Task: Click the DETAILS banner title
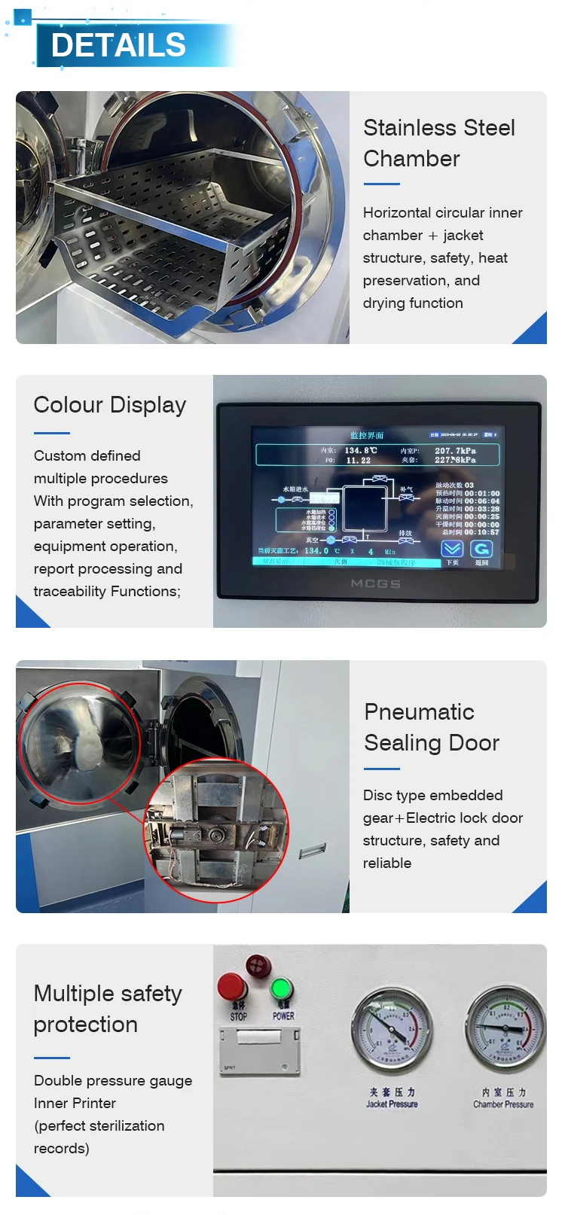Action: pos(118,45)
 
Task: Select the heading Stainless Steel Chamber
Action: pos(438,143)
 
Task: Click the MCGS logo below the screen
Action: pos(375,583)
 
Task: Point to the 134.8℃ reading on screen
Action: pos(361,450)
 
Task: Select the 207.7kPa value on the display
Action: pos(455,450)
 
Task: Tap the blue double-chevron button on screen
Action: pos(452,549)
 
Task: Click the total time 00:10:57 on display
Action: pos(481,532)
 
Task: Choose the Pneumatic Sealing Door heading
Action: pos(431,727)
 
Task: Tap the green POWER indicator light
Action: pos(282,989)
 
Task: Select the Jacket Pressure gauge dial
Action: pos(391,1028)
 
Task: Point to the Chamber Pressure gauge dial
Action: pos(505,1027)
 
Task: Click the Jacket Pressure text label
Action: pos(392,1104)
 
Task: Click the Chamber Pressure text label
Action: pos(503,1104)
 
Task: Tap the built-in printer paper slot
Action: pos(259,1038)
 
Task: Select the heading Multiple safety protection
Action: pos(107,1009)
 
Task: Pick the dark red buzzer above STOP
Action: pos(258,964)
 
